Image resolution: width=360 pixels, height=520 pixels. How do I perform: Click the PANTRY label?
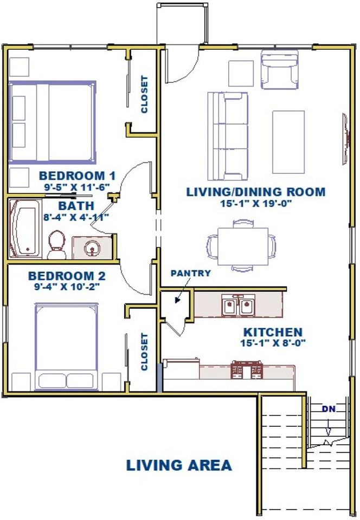click(x=190, y=273)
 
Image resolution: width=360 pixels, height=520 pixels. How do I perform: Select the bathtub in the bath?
click(x=25, y=228)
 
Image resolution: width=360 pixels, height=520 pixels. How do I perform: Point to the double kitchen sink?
click(x=239, y=305)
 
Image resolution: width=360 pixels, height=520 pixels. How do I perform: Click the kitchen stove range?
click(x=246, y=370)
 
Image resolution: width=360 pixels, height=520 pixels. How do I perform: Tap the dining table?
click(x=243, y=246)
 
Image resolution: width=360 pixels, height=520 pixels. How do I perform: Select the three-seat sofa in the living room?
click(x=228, y=136)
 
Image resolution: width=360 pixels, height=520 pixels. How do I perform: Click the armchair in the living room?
click(x=279, y=70)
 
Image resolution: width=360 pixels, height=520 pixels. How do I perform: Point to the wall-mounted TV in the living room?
click(x=346, y=138)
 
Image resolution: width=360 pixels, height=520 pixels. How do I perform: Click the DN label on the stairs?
click(x=329, y=409)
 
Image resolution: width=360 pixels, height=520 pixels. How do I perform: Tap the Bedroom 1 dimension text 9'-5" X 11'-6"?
click(x=77, y=187)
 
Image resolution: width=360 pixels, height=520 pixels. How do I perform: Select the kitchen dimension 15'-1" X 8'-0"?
click(x=273, y=343)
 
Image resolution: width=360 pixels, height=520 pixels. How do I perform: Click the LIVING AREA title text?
click(x=179, y=465)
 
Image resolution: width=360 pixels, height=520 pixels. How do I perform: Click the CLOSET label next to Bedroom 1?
click(x=144, y=94)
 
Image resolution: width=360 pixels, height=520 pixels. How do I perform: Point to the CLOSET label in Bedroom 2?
click(x=144, y=352)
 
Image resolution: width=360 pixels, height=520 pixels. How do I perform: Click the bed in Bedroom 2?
click(x=66, y=347)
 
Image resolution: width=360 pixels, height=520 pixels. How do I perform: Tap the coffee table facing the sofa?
click(x=288, y=142)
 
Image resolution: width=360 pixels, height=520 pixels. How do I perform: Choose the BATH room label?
click(x=76, y=206)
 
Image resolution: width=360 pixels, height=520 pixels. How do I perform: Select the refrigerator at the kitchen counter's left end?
click(x=181, y=374)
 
